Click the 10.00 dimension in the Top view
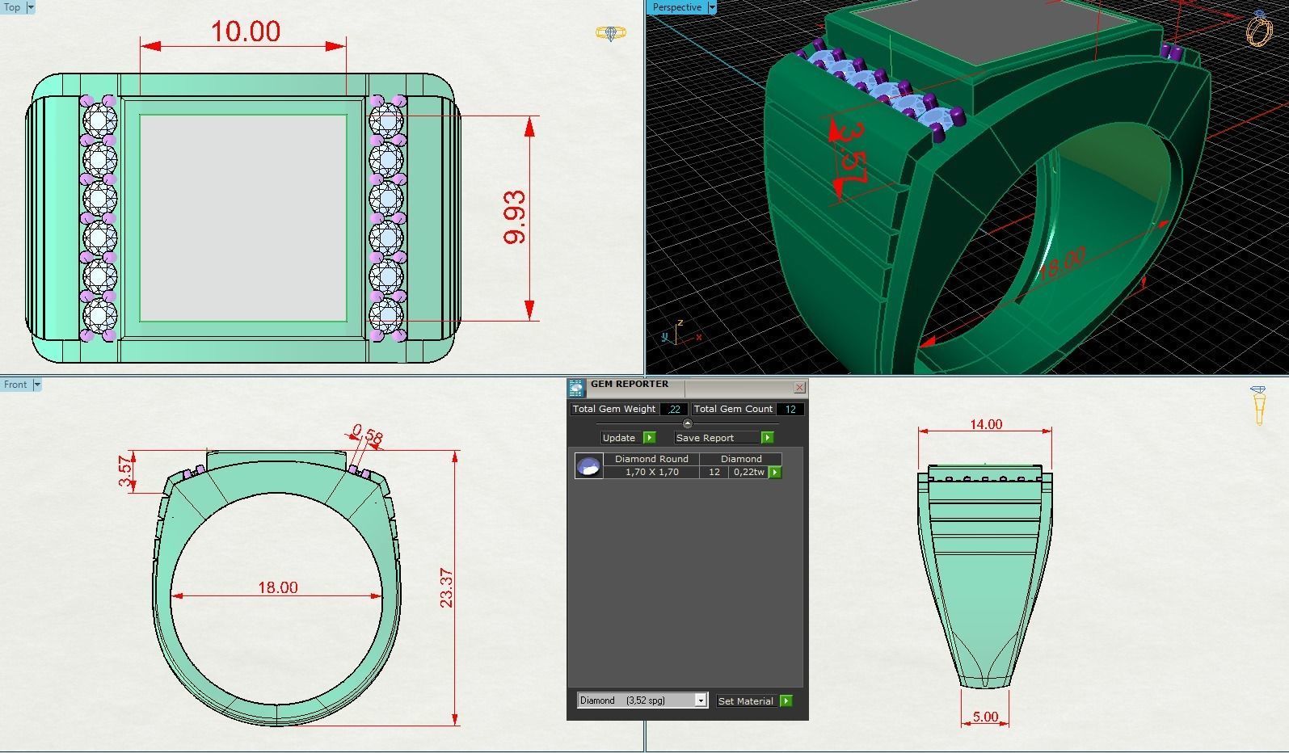click(245, 32)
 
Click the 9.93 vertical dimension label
click(515, 217)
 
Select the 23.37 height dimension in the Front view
click(446, 587)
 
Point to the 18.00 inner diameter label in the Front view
click(277, 587)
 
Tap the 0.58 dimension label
click(368, 435)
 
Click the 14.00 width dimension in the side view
click(985, 424)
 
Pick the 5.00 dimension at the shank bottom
click(985, 717)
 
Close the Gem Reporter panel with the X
click(799, 388)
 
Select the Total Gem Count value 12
click(790, 409)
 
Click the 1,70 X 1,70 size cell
click(651, 472)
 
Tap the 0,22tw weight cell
click(748, 472)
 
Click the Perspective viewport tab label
click(677, 7)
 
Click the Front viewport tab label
click(15, 385)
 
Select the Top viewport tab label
click(12, 7)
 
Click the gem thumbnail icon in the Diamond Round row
click(588, 466)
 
